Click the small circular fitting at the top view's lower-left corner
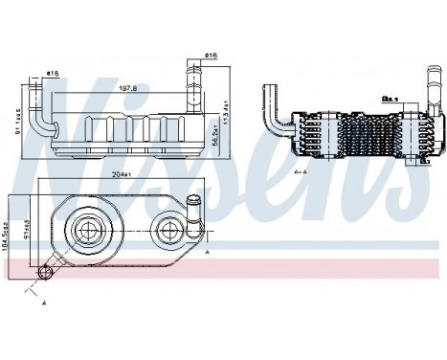[x=44, y=273]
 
